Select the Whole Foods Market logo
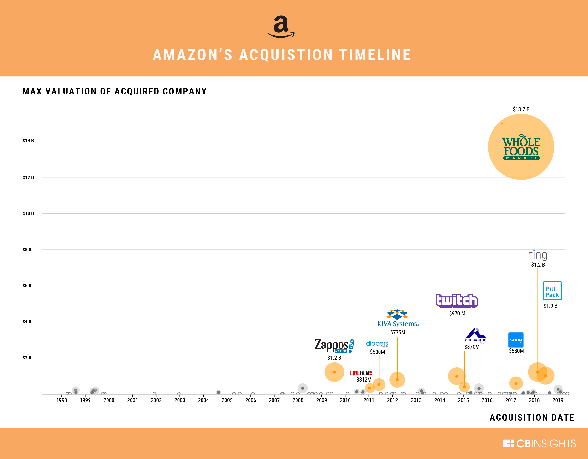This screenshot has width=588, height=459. tap(521, 147)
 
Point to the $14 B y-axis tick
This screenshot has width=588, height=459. tap(28, 141)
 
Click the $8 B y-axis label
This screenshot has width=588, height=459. tap(27, 250)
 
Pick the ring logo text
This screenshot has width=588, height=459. tap(537, 255)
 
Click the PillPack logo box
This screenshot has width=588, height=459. tap(552, 291)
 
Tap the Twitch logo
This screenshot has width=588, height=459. tap(457, 301)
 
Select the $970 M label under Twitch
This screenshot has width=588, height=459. tap(457, 313)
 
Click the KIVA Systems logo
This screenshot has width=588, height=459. tap(398, 318)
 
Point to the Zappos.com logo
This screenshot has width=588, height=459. tap(334, 346)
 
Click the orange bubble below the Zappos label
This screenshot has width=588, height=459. tap(334, 372)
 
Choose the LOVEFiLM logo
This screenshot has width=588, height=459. tap(361, 373)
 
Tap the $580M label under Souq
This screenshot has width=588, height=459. tap(516, 351)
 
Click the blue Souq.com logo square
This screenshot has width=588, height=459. tap(516, 340)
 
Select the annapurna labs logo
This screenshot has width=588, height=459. tap(475, 335)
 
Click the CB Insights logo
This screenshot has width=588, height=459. tap(539, 444)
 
